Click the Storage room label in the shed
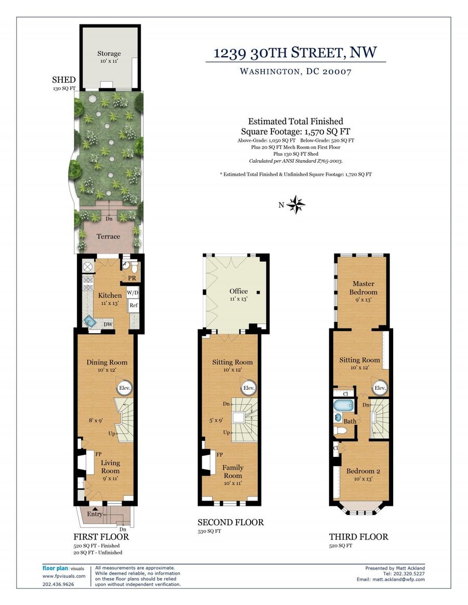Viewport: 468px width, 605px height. [109, 54]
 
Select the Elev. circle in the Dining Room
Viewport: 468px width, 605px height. [124, 388]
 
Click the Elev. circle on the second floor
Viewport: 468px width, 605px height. [249, 388]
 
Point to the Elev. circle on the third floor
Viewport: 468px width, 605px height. [380, 388]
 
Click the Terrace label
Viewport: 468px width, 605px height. [108, 236]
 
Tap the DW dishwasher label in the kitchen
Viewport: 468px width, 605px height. [108, 324]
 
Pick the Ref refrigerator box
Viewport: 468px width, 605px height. [134, 305]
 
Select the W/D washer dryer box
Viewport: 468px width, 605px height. [133, 293]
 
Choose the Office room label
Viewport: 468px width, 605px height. [239, 291]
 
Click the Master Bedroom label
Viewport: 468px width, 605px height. [363, 288]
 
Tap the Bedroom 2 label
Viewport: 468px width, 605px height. [363, 471]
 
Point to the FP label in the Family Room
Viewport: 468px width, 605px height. [220, 454]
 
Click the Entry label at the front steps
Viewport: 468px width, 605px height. [95, 514]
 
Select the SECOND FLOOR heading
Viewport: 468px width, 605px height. [230, 522]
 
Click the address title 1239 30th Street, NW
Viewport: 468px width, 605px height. [295, 52]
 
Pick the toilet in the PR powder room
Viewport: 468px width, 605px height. [134, 267]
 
